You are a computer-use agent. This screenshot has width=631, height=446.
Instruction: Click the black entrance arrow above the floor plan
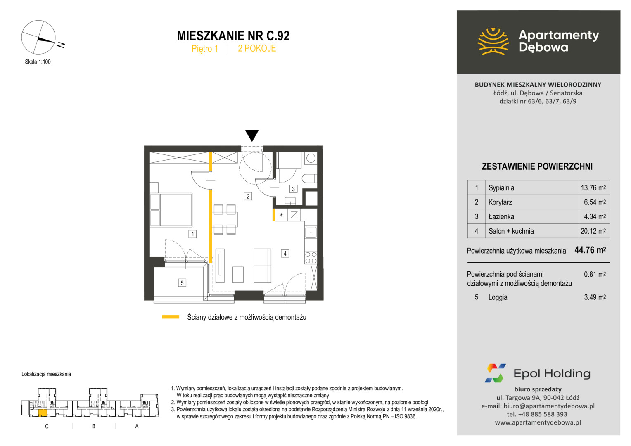click(252, 135)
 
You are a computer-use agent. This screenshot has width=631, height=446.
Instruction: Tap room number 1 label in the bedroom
click(193, 234)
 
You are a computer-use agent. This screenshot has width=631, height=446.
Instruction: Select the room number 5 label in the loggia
click(182, 282)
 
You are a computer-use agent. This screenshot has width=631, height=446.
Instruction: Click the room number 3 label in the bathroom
click(293, 189)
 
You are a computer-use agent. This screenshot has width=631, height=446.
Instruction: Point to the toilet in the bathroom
click(309, 178)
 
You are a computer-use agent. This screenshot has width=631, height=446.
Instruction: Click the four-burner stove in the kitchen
click(311, 258)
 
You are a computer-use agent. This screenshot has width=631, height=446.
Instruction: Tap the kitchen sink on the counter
click(311, 232)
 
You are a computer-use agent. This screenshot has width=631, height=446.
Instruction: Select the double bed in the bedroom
click(171, 210)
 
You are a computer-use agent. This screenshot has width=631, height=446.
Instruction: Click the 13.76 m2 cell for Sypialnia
click(593, 187)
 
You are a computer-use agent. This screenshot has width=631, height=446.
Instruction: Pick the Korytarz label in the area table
click(500, 202)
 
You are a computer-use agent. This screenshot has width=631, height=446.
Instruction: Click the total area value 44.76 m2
click(590, 250)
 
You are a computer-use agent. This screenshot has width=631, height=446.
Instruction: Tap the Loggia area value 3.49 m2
click(595, 297)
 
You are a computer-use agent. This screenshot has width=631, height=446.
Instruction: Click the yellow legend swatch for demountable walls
click(171, 317)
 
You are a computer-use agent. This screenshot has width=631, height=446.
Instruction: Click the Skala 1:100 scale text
click(38, 62)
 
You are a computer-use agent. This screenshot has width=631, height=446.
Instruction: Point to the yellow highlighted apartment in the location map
click(43, 413)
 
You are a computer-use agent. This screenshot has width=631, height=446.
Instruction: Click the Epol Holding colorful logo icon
click(495, 373)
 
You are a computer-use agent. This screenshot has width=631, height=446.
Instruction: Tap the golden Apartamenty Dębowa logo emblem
click(493, 41)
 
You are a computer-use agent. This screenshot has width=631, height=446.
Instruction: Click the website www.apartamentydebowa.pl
click(538, 422)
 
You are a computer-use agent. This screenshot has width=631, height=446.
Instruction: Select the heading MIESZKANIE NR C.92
click(233, 36)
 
